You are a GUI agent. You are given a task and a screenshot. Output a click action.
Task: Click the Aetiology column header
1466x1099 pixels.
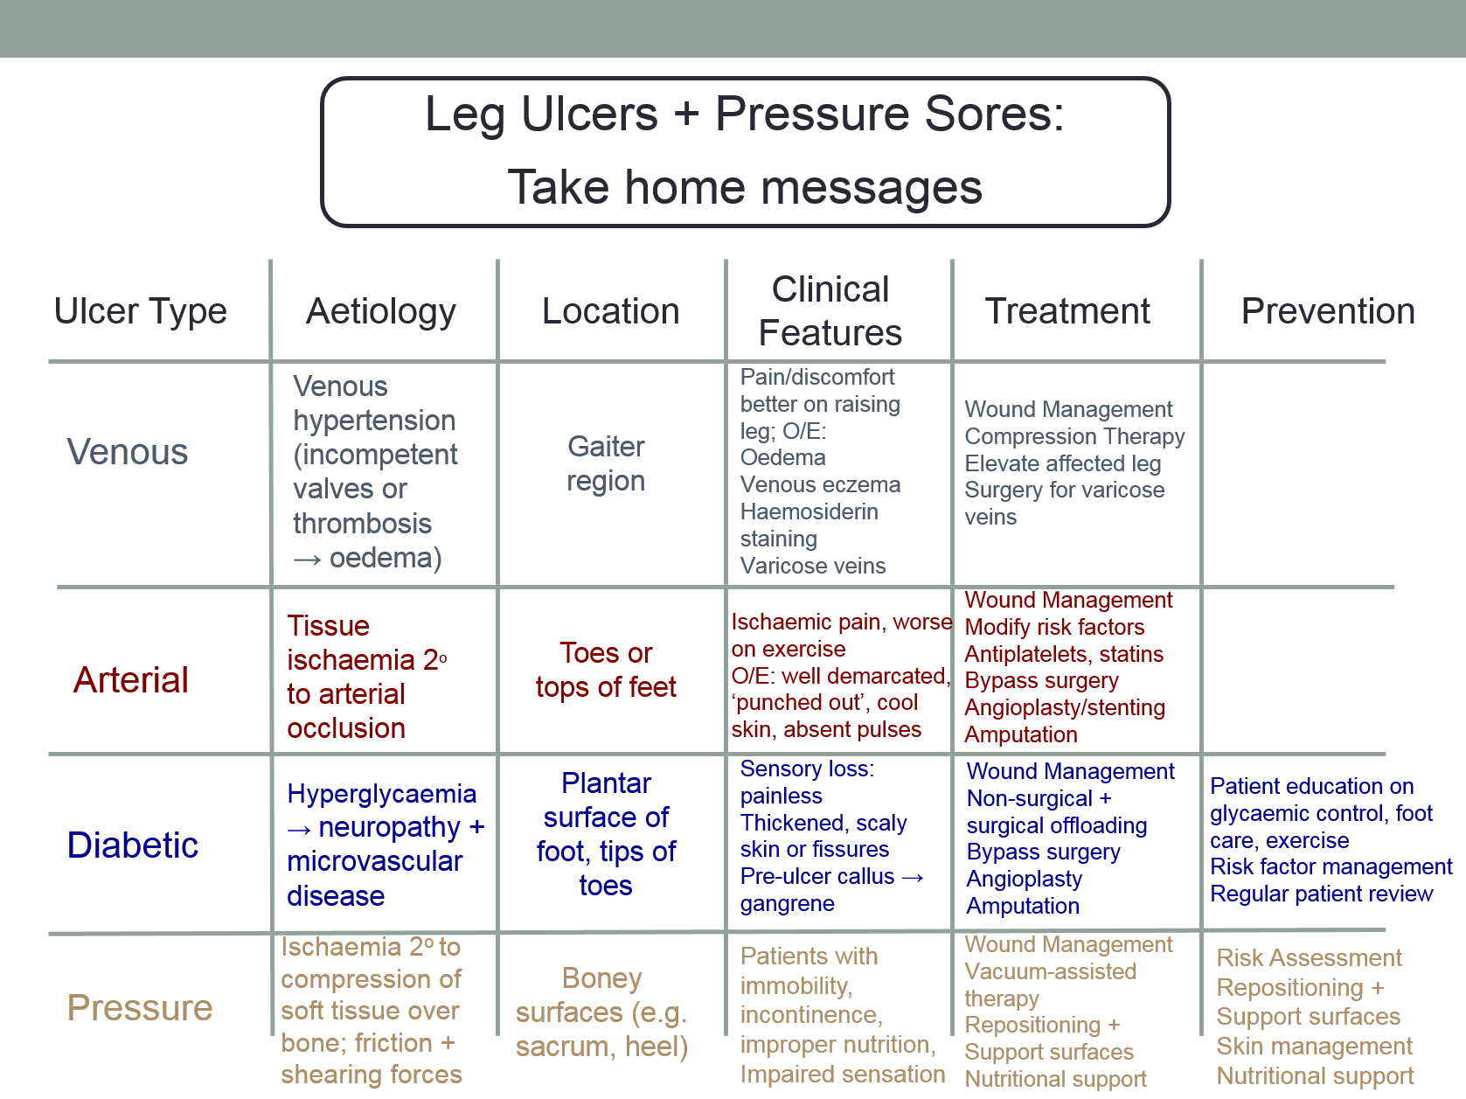click(381, 312)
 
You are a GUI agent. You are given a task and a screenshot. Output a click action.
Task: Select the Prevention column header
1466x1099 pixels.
click(1327, 312)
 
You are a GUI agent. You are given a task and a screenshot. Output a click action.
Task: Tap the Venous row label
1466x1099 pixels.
click(128, 452)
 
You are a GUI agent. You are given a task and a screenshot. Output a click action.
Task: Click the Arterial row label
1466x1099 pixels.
click(131, 680)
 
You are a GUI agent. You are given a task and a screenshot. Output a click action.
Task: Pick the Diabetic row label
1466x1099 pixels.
click(133, 845)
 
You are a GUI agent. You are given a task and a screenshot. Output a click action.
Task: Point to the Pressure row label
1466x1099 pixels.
click(140, 1008)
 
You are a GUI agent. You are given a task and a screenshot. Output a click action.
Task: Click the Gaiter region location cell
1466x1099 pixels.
click(606, 464)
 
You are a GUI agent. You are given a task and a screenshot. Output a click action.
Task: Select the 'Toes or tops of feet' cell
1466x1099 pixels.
click(606, 671)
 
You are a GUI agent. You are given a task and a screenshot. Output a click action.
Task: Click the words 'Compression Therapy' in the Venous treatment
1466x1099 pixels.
click(1074, 436)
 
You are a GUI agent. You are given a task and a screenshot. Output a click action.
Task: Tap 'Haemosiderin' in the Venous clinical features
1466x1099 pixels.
click(809, 511)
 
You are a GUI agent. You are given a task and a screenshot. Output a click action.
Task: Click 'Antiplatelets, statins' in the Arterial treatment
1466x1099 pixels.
click(1064, 654)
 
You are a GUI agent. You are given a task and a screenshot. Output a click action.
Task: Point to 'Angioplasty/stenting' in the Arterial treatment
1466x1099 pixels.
click(1065, 707)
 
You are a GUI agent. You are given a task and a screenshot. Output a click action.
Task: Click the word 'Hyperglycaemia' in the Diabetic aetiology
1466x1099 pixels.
click(382, 794)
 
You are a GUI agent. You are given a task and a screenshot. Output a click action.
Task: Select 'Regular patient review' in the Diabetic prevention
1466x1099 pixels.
click(1321, 894)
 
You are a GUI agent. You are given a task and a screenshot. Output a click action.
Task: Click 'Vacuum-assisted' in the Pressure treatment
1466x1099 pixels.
click(1050, 971)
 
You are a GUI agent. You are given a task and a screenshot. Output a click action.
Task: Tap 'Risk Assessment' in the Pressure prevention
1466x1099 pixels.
click(1309, 958)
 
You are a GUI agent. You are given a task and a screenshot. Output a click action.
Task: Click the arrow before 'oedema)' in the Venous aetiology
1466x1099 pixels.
click(308, 560)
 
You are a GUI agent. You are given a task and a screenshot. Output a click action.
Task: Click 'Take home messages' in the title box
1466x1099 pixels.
click(745, 187)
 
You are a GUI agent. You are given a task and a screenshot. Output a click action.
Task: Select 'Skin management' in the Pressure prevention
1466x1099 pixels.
click(1314, 1047)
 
